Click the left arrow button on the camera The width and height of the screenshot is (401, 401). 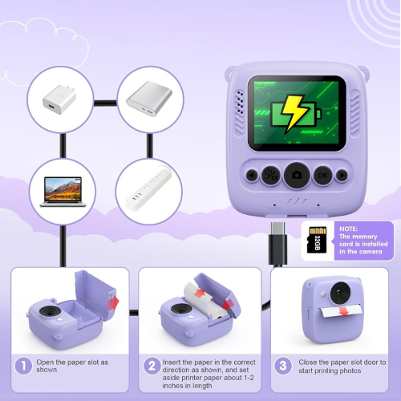click(x=253, y=174)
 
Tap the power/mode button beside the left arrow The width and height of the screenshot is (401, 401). click(x=272, y=174)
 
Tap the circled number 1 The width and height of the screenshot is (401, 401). click(x=23, y=365)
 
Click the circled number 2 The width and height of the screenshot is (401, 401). click(x=152, y=365)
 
